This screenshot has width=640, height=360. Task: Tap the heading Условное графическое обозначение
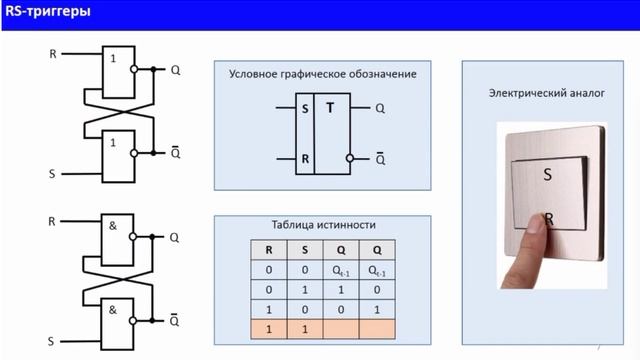[x=322, y=74]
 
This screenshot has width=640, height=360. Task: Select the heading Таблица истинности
[x=323, y=226]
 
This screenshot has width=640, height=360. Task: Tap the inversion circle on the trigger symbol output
[x=350, y=158]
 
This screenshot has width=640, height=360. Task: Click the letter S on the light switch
[x=548, y=174]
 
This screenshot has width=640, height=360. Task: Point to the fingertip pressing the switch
[x=541, y=227]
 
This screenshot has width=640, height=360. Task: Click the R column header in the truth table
[x=267, y=250]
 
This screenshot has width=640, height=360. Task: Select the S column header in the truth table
[x=303, y=250]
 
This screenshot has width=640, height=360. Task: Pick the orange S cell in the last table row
[x=303, y=328]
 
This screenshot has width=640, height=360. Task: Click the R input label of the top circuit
[x=52, y=53]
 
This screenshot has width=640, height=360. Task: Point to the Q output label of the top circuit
[x=175, y=71]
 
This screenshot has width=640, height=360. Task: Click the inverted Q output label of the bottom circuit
[x=175, y=319]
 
